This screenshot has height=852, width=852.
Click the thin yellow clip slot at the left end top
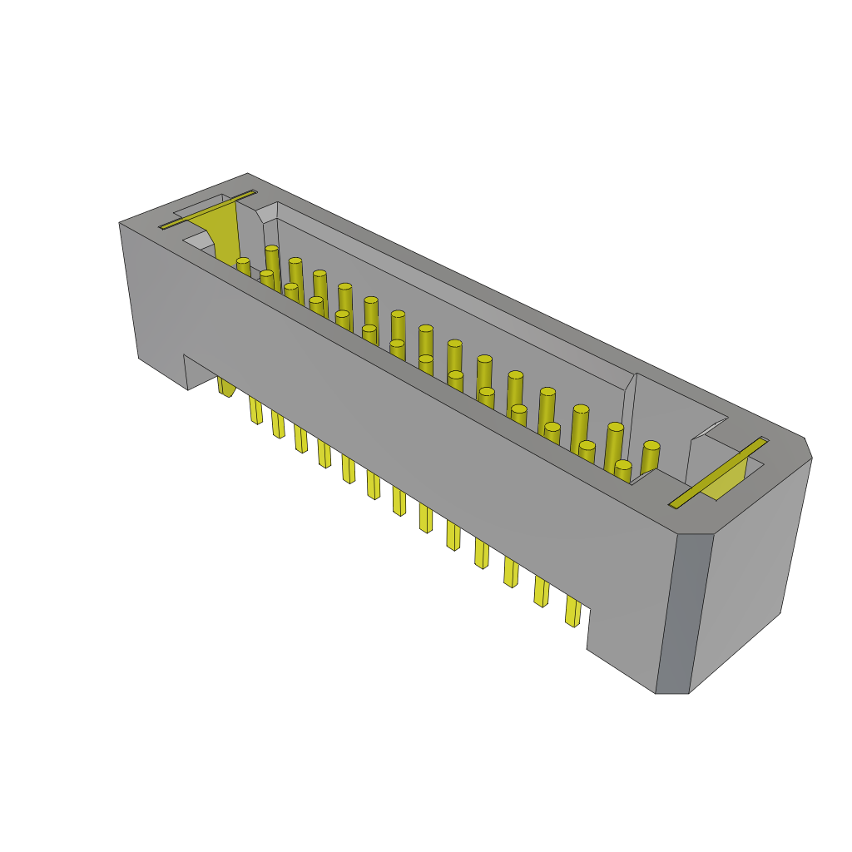point(208,209)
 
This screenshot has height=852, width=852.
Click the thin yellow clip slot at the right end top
point(718,473)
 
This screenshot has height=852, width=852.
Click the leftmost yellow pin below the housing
point(225,386)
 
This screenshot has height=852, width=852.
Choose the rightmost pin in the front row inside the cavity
point(622,470)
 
